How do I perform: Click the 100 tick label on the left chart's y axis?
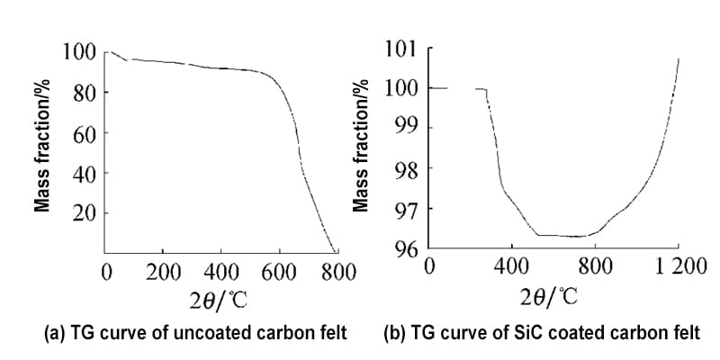[78, 51]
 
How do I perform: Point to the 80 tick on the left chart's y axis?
[84, 92]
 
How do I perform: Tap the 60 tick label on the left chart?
[84, 132]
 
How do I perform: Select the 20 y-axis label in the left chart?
[84, 213]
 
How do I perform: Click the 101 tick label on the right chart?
[402, 49]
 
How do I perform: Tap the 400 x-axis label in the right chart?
[512, 267]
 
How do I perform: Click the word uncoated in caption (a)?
[166, 334]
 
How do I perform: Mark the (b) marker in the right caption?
[393, 334]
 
